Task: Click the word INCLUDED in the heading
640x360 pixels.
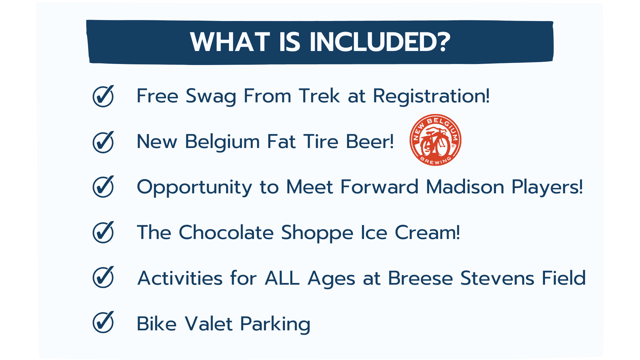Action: (380, 42)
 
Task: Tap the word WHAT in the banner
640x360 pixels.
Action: (230, 42)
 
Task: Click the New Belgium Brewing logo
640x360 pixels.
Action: (435, 140)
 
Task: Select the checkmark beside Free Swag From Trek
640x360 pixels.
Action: (103, 96)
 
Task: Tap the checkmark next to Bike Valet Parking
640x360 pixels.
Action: (103, 322)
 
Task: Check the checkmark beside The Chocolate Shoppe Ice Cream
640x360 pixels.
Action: (103, 232)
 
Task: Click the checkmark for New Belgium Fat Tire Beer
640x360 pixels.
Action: (103, 142)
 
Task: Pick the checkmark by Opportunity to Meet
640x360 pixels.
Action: (103, 186)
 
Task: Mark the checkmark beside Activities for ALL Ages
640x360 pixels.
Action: (103, 277)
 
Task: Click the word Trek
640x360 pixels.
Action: (319, 96)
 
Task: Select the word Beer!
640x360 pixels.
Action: (370, 142)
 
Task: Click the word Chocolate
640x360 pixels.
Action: (226, 232)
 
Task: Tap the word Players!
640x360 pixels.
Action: (547, 187)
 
